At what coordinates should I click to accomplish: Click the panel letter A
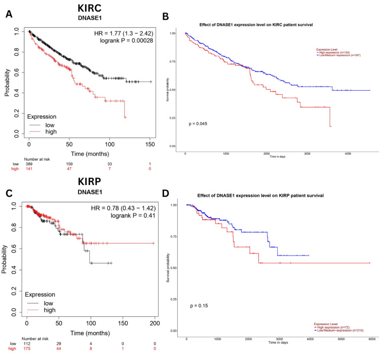pyautogui.click(x=8, y=15)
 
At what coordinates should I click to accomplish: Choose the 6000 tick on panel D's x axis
pyautogui.click(x=371, y=338)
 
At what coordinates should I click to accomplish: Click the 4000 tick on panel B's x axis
pyautogui.click(x=347, y=153)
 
